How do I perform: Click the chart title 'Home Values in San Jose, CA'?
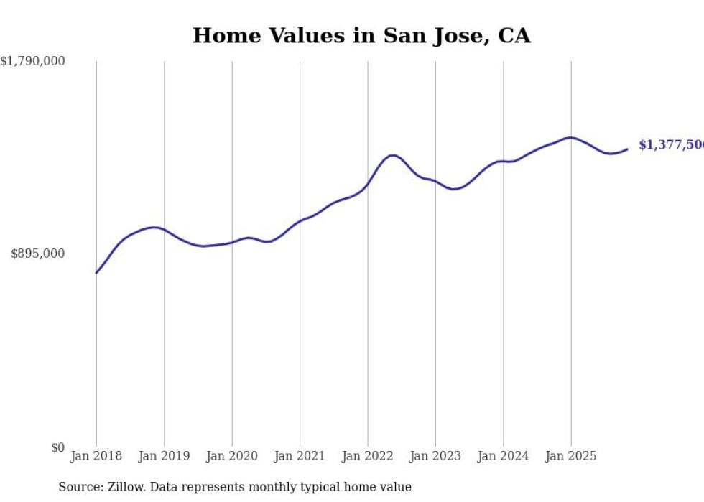[x=361, y=36]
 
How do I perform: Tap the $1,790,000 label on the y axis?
[x=33, y=62]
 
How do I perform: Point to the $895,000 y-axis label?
[x=37, y=254]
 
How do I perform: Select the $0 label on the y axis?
[x=57, y=447]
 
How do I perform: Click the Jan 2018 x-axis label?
[x=96, y=456]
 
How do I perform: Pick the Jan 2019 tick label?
[x=164, y=456]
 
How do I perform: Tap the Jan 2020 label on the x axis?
[x=232, y=456]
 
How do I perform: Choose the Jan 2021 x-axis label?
[x=300, y=456]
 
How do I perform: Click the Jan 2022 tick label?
[x=368, y=456]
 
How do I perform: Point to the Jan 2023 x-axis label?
[x=435, y=456]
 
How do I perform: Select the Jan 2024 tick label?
[x=503, y=456]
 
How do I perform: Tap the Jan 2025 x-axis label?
[x=571, y=456]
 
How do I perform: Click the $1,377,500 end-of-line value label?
[x=671, y=145]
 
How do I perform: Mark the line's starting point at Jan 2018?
[x=96, y=273]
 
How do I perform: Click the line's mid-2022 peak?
[x=392, y=155]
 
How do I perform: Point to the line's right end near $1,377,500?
[x=627, y=149]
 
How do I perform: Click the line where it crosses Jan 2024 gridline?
[x=503, y=162]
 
